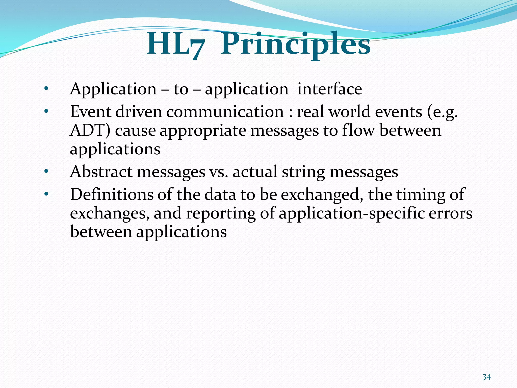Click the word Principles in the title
[x=295, y=45]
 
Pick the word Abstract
[x=101, y=172]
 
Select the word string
[x=303, y=172]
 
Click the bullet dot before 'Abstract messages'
[x=46, y=172]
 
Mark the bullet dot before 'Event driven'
[x=46, y=111]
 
